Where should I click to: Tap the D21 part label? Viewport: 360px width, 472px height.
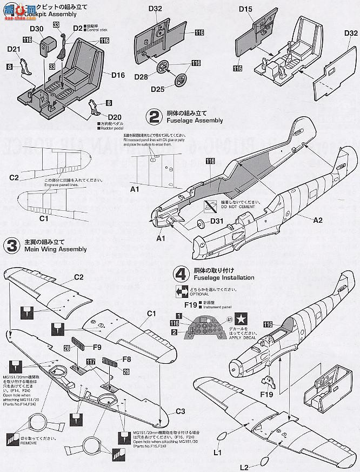pyautogui.click(x=15, y=50)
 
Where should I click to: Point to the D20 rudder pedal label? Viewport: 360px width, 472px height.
pyautogui.click(x=115, y=117)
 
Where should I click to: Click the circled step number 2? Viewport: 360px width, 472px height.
pyautogui.click(x=155, y=116)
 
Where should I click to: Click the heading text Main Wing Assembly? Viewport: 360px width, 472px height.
pyautogui.click(x=55, y=249)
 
